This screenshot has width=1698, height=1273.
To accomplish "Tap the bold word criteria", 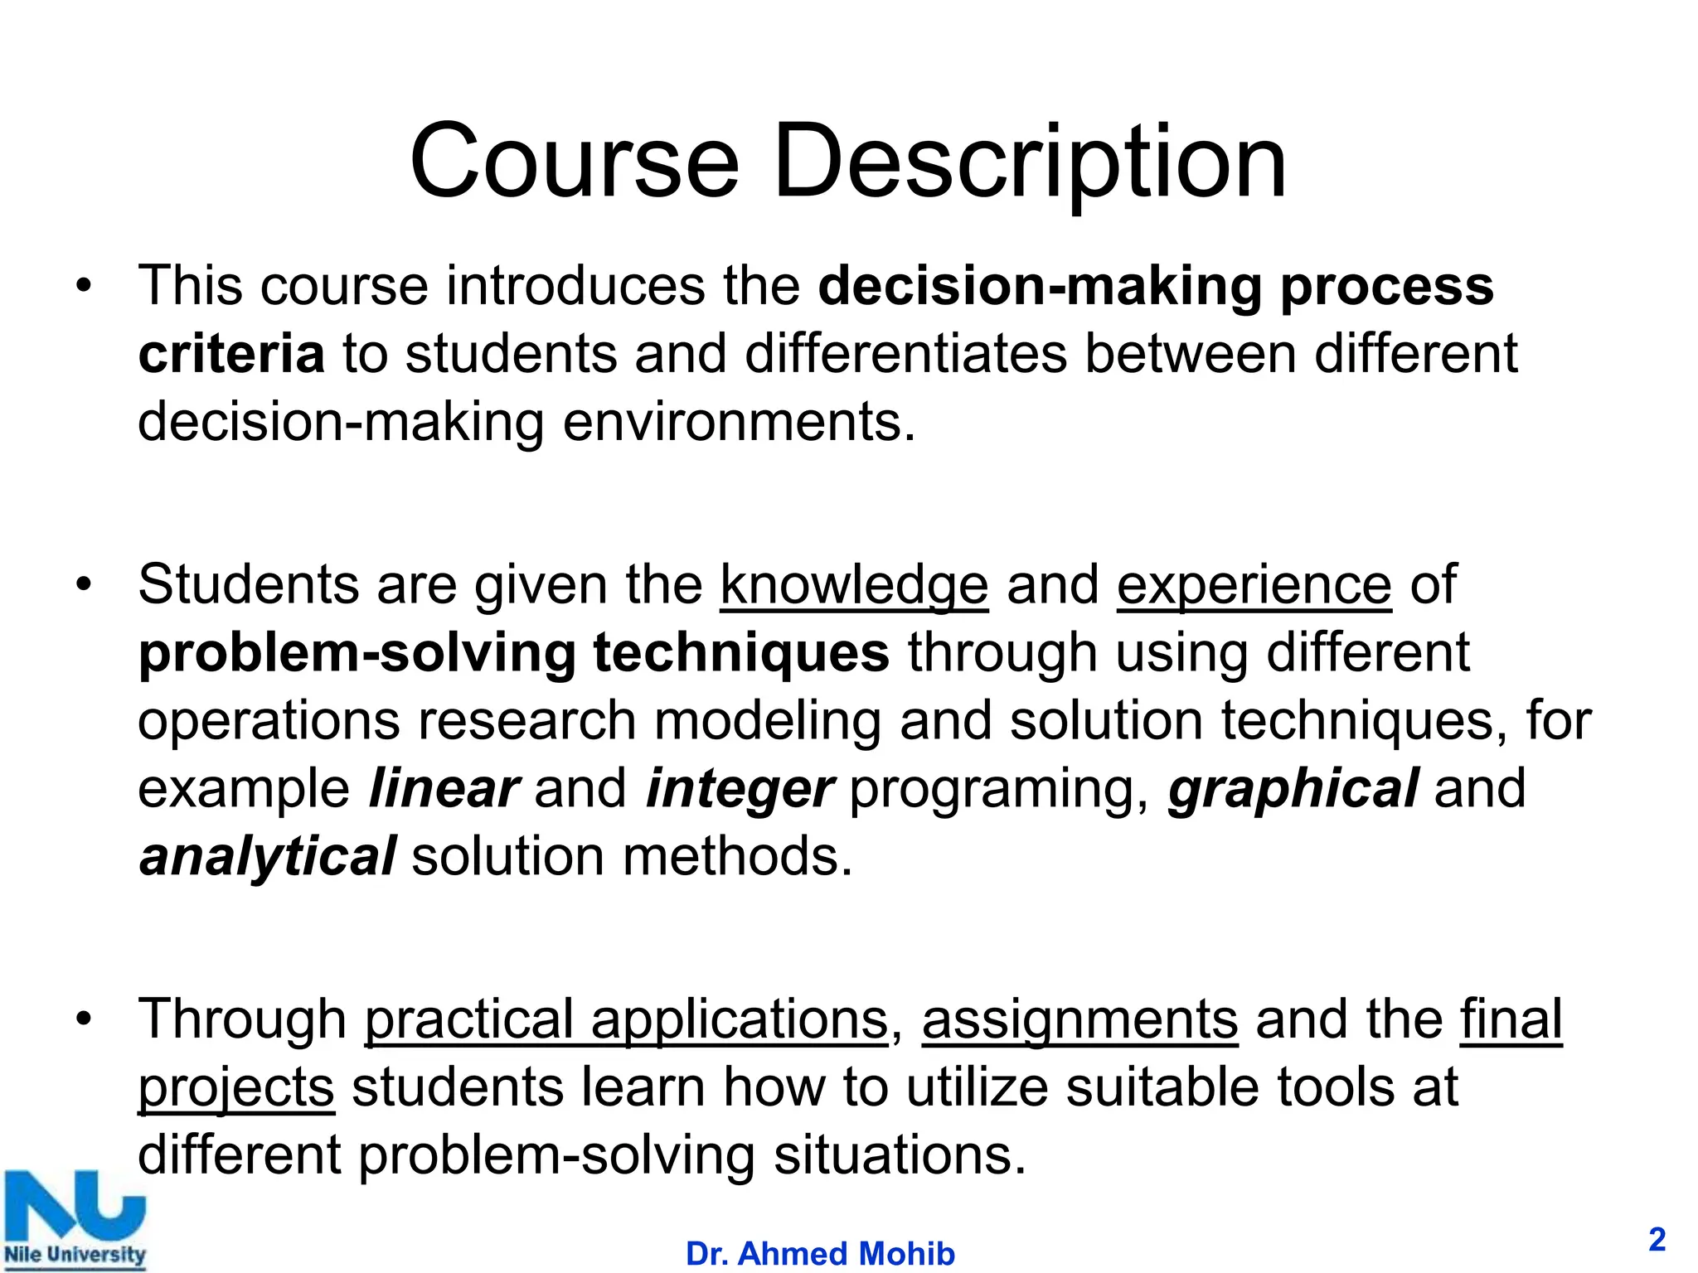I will click(x=231, y=354).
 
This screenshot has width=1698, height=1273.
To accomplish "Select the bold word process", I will click(x=1387, y=287).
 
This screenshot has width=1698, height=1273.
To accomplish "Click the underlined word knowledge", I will click(x=854, y=585).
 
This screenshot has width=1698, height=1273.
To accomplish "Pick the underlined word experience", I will click(x=1254, y=585).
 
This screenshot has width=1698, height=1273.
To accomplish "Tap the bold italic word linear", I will click(x=444, y=789).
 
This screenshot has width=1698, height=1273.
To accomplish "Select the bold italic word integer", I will click(x=740, y=789).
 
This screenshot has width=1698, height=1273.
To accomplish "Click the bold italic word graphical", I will click(x=1293, y=789).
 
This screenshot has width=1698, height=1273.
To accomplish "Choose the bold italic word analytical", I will click(x=267, y=857).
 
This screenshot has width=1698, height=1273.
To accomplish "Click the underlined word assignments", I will click(x=1079, y=1019).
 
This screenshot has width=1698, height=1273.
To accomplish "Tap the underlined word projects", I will click(x=236, y=1087).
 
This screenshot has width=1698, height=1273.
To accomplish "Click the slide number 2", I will click(x=1657, y=1240).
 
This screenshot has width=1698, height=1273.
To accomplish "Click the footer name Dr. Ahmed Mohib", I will click(x=820, y=1254).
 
